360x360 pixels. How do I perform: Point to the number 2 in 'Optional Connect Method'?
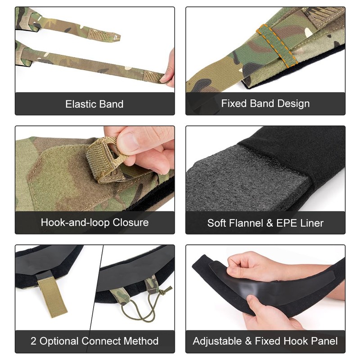pyautogui.click(x=33, y=341)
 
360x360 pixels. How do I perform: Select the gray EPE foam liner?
pyautogui.click(x=234, y=180)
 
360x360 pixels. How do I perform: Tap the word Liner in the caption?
pyautogui.click(x=311, y=223)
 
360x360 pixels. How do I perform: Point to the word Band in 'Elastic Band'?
pyautogui.click(x=111, y=104)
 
